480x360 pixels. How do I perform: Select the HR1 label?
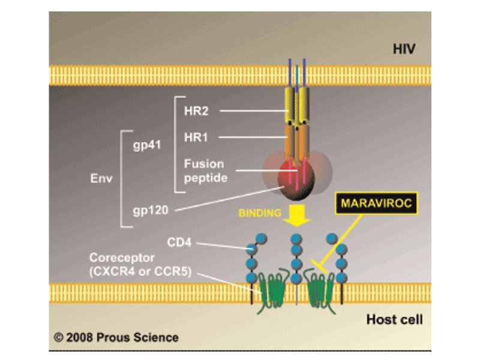195,137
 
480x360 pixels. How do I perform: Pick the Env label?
101,178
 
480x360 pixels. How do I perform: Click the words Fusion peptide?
204,171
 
